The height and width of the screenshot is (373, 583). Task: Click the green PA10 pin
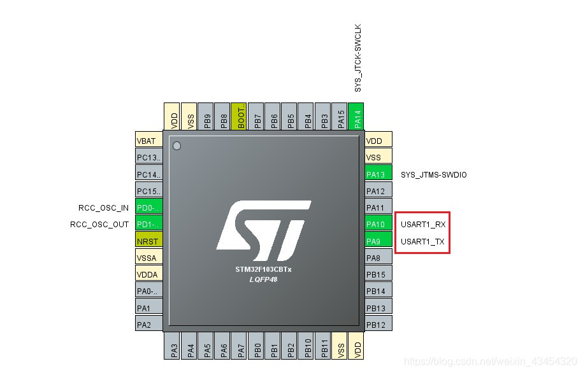(378, 225)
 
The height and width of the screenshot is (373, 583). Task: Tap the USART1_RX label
(423, 225)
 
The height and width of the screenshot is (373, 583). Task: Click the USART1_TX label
(422, 242)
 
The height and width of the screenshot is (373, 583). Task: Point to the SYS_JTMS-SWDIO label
(433, 174)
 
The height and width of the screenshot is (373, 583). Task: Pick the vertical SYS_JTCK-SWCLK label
(357, 59)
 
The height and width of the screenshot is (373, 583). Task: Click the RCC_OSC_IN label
(103, 208)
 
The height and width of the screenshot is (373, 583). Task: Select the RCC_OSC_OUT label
(99, 224)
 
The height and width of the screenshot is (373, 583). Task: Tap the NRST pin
(148, 241)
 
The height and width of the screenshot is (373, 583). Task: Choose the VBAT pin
(148, 141)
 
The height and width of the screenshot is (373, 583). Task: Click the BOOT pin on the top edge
(241, 116)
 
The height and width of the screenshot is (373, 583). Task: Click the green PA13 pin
(378, 174)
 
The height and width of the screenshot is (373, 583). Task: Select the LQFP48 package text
(263, 279)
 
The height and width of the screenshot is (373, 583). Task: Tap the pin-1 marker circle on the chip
(177, 146)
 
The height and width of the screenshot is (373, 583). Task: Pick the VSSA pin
(148, 258)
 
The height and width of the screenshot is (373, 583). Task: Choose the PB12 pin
(378, 325)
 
